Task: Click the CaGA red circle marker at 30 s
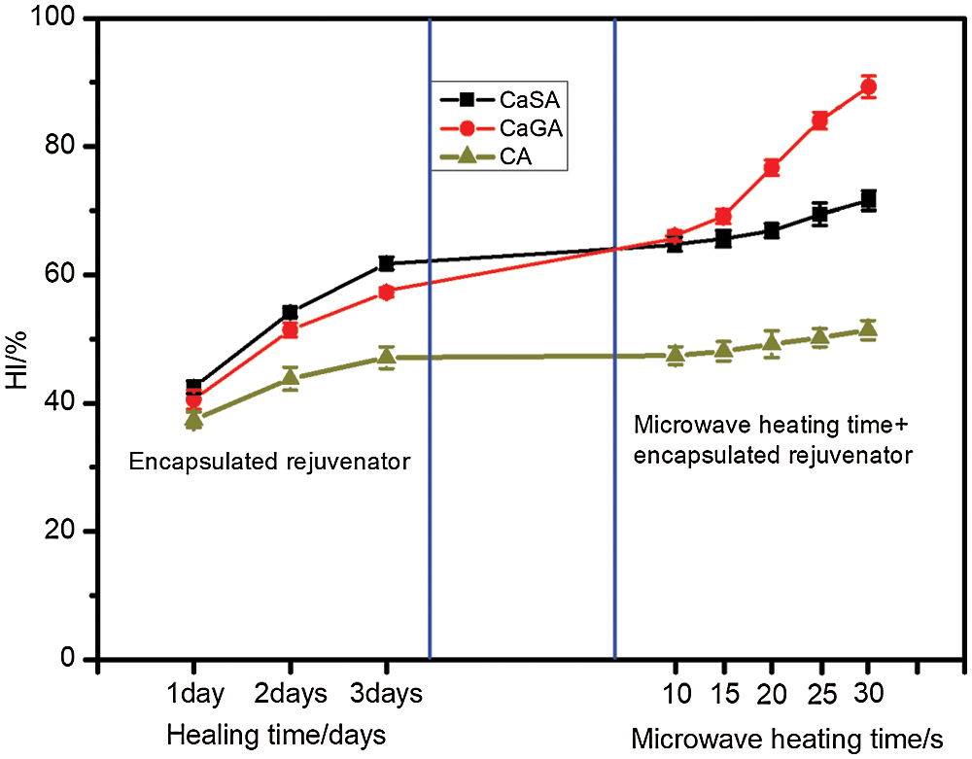[x=868, y=87]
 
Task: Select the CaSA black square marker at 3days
[x=386, y=263]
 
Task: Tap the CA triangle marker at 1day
[x=192, y=420]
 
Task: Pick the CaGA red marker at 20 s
[x=772, y=167]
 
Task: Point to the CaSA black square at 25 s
[x=820, y=214]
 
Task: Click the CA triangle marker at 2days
[x=290, y=377]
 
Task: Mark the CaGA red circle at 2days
[x=290, y=330]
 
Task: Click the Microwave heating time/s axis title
[x=785, y=738]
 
